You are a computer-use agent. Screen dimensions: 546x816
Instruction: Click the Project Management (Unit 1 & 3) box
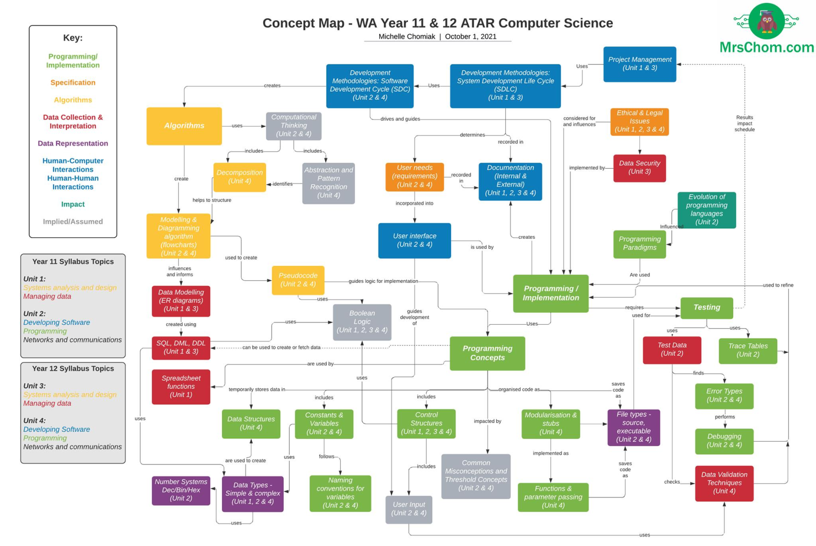(639, 64)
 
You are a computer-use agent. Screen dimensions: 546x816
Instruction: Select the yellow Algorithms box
(184, 126)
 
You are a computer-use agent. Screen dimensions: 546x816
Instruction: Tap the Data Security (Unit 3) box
(639, 168)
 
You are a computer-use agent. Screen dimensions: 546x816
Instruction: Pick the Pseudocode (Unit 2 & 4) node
(298, 280)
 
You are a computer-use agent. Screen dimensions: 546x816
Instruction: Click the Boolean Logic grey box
(362, 322)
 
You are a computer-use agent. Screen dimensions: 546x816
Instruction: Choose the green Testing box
(706, 307)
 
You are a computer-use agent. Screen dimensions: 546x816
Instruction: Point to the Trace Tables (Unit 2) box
(748, 350)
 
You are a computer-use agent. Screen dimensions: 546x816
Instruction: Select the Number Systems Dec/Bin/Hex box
(181, 490)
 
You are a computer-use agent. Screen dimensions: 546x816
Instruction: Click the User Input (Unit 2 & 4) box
(409, 509)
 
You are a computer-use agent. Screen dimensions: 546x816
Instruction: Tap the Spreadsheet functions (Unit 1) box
(181, 387)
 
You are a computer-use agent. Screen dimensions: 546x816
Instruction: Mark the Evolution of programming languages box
(706, 210)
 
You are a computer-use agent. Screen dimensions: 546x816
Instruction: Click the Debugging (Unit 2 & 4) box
(724, 441)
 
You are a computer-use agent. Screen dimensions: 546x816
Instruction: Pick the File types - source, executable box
(633, 427)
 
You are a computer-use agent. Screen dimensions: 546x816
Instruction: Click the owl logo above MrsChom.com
(766, 22)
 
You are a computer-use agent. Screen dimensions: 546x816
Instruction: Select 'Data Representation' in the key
(73, 143)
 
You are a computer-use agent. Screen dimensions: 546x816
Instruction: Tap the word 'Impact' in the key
(73, 204)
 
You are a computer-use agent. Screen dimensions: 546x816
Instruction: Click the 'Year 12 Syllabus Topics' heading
(73, 368)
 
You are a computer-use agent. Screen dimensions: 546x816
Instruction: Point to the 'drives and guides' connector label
(400, 119)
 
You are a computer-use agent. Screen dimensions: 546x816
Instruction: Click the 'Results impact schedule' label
(744, 123)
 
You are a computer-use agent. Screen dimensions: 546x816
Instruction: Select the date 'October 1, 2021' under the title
(470, 36)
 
